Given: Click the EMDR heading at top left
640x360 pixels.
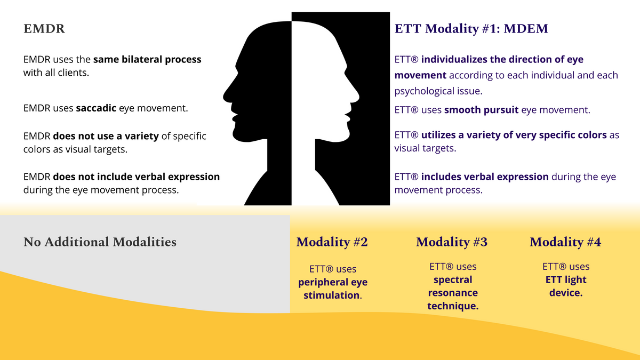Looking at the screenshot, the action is coord(44,29).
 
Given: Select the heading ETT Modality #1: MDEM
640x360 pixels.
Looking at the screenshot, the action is coord(471,29).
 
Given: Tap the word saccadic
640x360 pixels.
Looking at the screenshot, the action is coord(96,108).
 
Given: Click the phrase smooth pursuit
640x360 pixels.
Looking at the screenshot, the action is coord(481,110).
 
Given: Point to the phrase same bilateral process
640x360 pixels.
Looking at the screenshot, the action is coord(147,59).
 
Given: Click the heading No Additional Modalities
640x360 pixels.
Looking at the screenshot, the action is coord(100,242).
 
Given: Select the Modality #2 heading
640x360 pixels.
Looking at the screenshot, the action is coord(332,242).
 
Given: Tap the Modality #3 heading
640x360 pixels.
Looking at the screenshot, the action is coord(452,242).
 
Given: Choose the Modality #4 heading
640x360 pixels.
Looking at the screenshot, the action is coord(565,242).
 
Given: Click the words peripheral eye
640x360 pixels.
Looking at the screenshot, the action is coord(333,282).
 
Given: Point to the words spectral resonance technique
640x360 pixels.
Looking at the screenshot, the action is coord(453,293).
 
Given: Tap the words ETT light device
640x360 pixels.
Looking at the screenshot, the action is coord(566,286).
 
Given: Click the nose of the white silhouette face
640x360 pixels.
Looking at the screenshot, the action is coord(355,95).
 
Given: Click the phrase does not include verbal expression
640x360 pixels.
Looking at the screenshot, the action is coord(137,177).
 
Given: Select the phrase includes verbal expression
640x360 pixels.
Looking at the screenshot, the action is coord(485,177).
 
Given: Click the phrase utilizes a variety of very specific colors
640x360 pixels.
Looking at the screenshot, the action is coord(514,135).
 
